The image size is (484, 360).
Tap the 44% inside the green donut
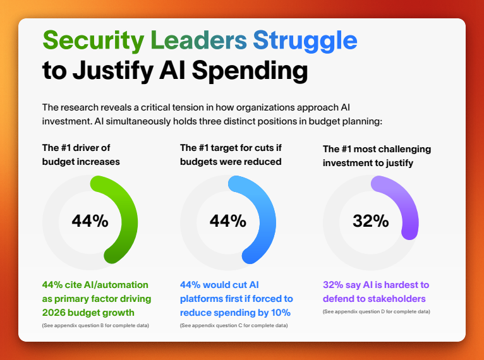[x=90, y=221]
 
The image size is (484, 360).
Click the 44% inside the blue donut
[x=228, y=221]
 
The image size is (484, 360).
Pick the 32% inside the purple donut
[x=371, y=221]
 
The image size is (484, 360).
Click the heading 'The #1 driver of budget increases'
[x=82, y=155]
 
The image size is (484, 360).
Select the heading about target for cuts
[x=231, y=155]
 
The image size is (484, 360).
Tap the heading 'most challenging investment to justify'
[x=377, y=156]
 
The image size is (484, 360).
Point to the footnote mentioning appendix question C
[x=234, y=325]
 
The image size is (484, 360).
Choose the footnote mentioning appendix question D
[x=377, y=312]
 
